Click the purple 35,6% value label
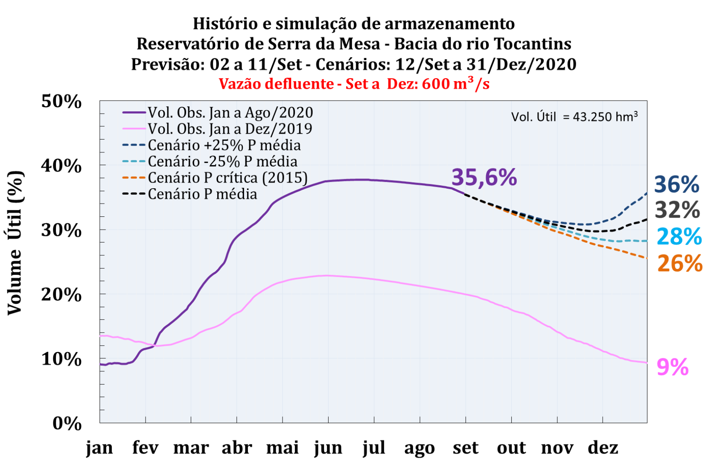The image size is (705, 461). point(484,177)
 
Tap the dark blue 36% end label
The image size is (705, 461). point(677,184)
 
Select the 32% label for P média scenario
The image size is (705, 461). point(677,210)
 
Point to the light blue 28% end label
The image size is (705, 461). point(679,236)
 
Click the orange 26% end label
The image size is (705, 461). point(680,263)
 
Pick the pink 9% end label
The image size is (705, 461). point(673,367)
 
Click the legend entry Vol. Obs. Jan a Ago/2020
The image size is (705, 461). point(230,113)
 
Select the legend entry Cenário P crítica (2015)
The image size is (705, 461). point(227,178)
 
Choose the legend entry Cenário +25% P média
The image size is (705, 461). point(224,145)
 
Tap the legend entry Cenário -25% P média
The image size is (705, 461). point(222,161)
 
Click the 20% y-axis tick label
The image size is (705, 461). point(61,295)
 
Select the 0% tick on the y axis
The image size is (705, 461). point(67,423)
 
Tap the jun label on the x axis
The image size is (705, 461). point(328,448)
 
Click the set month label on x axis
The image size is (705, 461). point(466,448)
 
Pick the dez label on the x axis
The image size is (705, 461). point(603,448)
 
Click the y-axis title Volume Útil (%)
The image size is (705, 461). point(15,243)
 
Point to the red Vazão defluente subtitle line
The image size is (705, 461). point(354,83)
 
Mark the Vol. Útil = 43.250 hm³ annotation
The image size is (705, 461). point(574,117)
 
